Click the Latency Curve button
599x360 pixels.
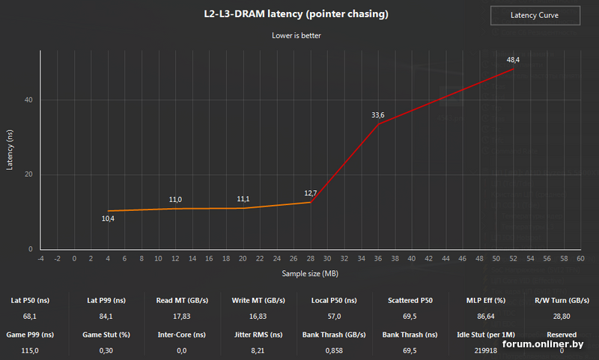pos(535,15)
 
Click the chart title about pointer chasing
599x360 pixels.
pos(297,14)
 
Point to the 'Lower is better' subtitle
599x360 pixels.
pos(297,34)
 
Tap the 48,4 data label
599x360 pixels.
pos(513,59)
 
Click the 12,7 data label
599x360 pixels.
pos(311,193)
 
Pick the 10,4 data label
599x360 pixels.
pos(108,219)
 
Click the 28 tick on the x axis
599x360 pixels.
pos(311,258)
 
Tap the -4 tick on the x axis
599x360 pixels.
pos(40,258)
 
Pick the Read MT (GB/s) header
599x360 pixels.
pos(178,300)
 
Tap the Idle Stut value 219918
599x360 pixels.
pos(483,350)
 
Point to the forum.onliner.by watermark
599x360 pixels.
pos(543,344)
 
